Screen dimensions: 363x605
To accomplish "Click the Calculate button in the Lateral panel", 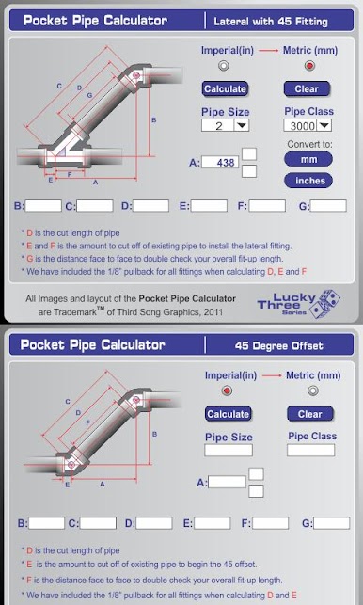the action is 225,88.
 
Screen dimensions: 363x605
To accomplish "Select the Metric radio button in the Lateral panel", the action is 309,66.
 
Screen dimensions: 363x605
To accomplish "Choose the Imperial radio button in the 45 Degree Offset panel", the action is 227,390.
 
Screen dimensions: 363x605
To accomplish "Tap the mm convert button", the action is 308,159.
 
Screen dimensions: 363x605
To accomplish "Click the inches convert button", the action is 308,181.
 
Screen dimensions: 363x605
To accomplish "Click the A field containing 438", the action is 220,163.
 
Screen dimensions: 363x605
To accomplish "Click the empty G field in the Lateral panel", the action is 328,206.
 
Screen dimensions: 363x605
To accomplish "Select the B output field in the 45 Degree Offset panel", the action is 47,523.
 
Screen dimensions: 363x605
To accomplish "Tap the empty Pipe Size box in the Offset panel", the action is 229,451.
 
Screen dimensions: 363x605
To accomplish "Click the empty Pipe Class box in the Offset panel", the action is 311,450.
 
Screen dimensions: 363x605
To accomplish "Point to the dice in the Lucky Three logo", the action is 325,303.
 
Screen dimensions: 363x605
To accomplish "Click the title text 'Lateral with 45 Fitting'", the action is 271,22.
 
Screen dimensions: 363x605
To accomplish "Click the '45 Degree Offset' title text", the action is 279,345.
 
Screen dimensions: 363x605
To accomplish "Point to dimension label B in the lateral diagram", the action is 154,120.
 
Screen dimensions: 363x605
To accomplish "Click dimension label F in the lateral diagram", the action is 70,174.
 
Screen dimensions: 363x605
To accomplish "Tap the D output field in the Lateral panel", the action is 150,206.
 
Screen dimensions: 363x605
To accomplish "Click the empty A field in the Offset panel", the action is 227,482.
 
